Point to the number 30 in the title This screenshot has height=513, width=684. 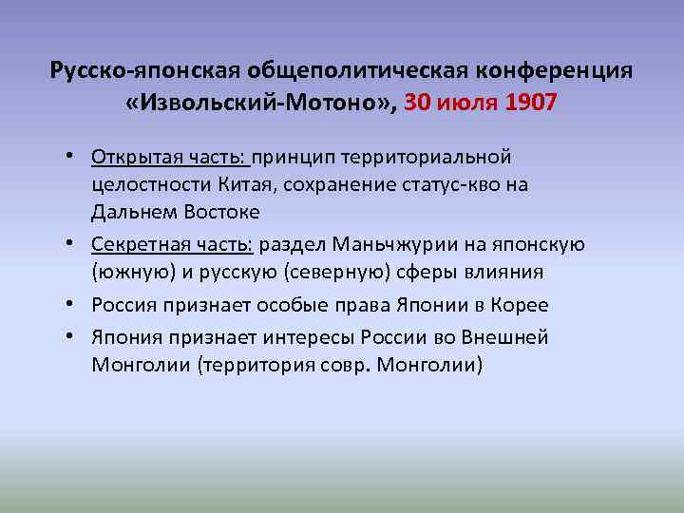pos(419,102)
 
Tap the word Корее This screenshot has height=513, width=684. pos(520,305)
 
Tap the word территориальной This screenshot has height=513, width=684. pos(433,155)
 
